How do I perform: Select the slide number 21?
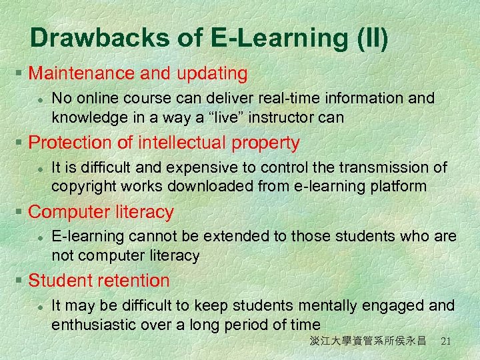point(447,341)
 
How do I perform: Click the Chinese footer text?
point(367,341)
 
